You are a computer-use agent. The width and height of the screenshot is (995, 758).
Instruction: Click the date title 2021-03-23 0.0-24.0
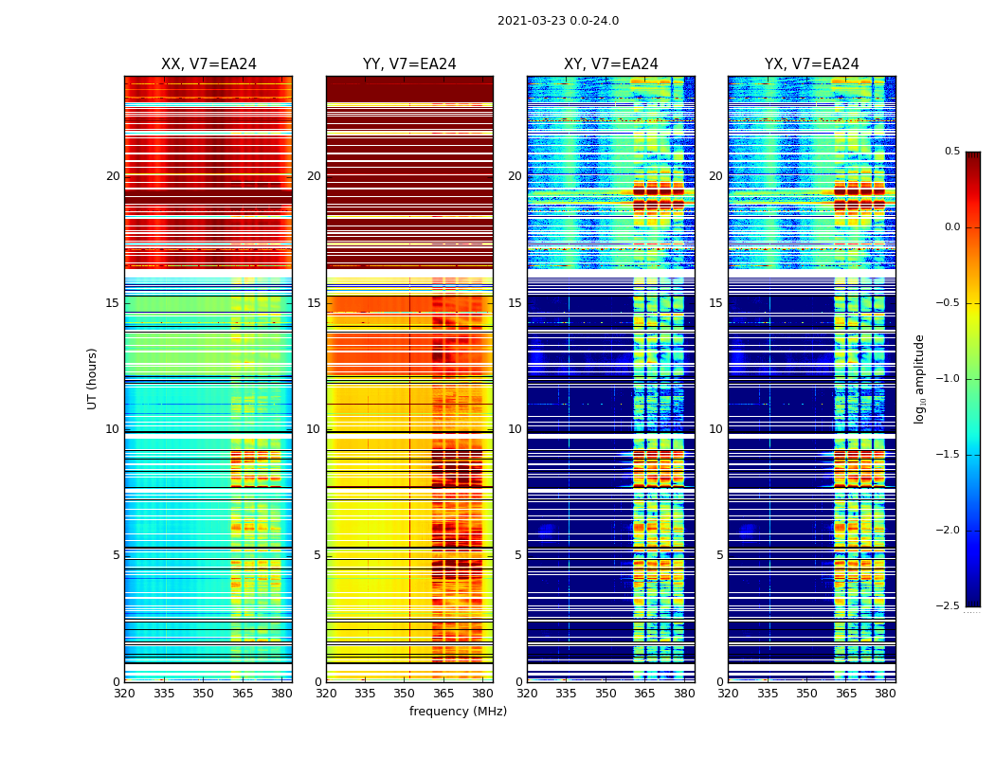[557, 21]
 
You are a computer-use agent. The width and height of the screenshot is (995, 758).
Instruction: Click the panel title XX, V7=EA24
[208, 64]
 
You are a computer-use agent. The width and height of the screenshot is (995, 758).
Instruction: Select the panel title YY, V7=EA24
[409, 64]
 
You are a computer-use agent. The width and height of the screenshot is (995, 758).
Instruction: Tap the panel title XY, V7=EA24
[611, 64]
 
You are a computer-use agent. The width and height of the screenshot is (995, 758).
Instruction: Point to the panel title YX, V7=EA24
[812, 64]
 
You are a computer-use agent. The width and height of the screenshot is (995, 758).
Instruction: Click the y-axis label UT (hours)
[92, 378]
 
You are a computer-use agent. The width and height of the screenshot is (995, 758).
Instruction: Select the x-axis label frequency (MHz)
[458, 712]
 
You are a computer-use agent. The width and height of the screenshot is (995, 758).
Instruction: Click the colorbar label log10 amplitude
[918, 378]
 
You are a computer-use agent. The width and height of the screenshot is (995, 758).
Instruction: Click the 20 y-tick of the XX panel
[113, 176]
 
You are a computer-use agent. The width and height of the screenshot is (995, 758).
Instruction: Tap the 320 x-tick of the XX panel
[124, 694]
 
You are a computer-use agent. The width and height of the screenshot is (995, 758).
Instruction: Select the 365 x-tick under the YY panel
[443, 694]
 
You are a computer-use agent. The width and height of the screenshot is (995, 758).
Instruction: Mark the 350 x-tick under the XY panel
[606, 694]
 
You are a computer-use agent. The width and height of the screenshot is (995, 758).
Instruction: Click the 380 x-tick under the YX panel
[885, 694]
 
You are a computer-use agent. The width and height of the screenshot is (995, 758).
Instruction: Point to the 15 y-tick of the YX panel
[716, 303]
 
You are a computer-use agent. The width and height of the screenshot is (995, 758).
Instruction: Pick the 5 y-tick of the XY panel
[517, 555]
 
